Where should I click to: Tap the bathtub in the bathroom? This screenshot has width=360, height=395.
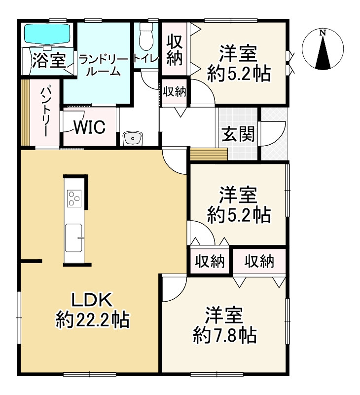click(48, 34)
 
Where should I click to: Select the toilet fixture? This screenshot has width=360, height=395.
click(146, 35)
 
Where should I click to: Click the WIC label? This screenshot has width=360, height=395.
click(89, 128)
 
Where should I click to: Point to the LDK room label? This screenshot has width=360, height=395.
click(93, 300)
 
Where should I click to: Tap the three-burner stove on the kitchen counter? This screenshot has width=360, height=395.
click(74, 198)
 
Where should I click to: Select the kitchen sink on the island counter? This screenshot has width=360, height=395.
click(74, 236)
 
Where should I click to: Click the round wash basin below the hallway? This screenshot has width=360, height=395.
click(133, 139)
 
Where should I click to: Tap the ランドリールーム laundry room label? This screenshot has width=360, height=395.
click(103, 65)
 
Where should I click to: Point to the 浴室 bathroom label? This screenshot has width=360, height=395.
click(49, 61)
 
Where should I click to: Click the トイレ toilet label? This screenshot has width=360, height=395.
click(146, 58)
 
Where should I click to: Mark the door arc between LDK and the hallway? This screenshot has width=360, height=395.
click(174, 161)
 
